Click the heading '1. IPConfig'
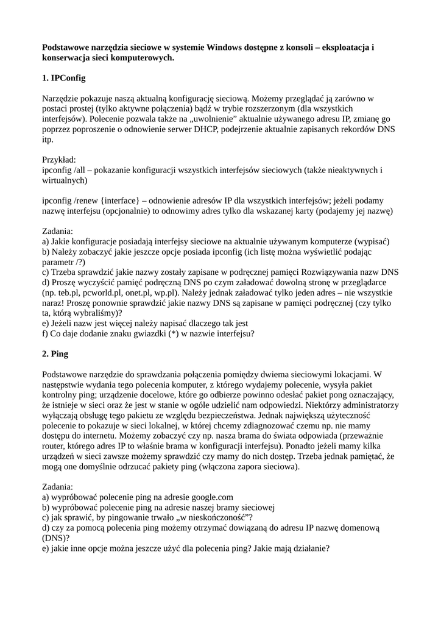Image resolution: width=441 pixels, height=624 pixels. (x=63, y=79)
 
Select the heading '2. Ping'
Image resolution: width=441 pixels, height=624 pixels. (x=55, y=353)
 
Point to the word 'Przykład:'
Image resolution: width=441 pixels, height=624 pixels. (x=60, y=160)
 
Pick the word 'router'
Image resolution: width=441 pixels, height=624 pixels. (x=55, y=447)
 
